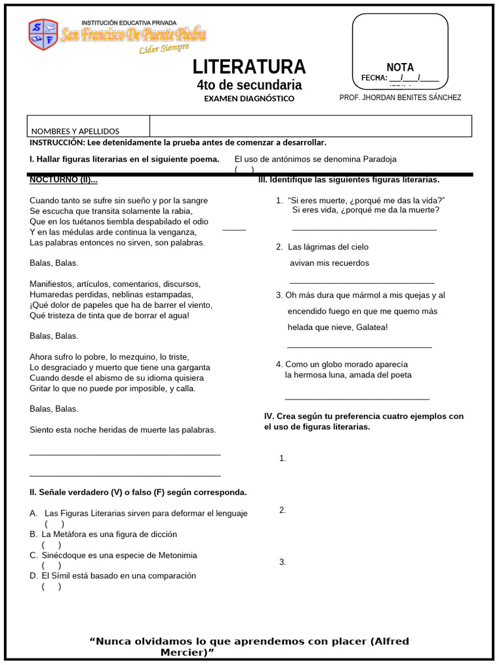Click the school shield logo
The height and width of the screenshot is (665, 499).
(43, 34)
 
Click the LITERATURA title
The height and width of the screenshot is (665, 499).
(249, 67)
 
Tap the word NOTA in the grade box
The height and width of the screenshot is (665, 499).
(400, 68)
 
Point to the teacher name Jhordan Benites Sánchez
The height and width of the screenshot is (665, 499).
(400, 97)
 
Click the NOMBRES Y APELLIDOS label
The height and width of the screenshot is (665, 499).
(75, 131)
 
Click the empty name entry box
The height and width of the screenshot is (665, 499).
(311, 126)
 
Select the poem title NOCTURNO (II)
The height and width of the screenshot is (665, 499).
(64, 180)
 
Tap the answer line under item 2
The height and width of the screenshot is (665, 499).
(361, 283)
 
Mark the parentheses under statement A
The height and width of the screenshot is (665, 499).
(54, 524)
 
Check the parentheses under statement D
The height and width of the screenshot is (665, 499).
(51, 586)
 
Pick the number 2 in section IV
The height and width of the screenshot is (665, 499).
(283, 510)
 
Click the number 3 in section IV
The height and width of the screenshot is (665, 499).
(283, 562)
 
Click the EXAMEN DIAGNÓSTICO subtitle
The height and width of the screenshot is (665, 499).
(249, 99)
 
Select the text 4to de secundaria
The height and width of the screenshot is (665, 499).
(249, 85)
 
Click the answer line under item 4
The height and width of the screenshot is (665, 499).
(357, 398)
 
